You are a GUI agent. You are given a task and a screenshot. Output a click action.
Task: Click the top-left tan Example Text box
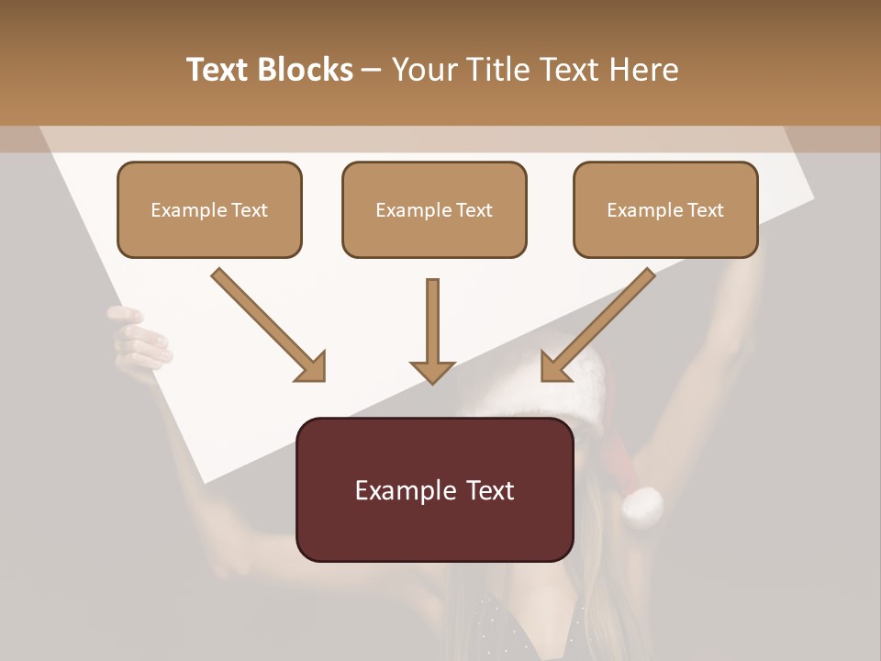point(209,209)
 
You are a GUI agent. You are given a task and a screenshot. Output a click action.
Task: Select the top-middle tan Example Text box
point(434,209)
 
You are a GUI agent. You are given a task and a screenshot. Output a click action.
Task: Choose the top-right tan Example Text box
point(665,209)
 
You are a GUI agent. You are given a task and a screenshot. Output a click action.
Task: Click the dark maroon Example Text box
point(434,489)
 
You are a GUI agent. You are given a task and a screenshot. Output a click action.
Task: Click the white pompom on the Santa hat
point(641,506)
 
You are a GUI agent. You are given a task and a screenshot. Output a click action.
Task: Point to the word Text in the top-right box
point(705,210)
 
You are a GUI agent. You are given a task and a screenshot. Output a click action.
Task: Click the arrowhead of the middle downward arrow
point(432,371)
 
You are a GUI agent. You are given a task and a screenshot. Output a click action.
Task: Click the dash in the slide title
point(372,71)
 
